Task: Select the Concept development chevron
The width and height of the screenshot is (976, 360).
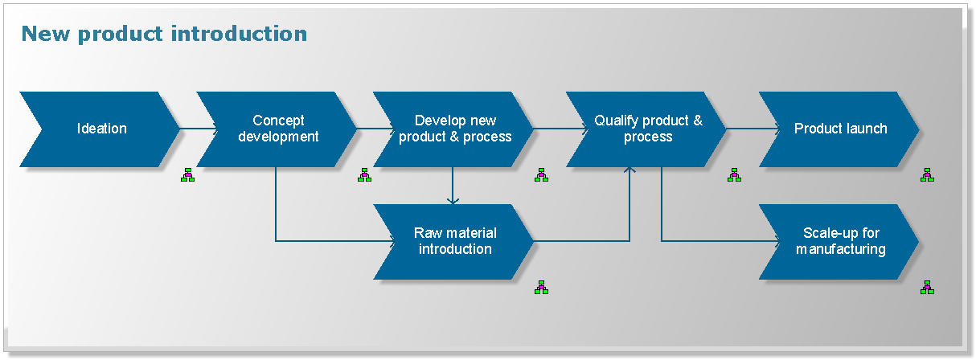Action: (277, 129)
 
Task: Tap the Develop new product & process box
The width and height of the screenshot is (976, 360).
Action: (454, 129)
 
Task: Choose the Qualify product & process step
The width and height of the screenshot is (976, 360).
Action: (647, 129)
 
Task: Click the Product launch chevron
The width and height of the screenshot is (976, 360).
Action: (840, 129)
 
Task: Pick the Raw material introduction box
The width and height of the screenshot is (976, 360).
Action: (454, 241)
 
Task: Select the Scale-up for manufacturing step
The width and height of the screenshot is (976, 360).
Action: (840, 241)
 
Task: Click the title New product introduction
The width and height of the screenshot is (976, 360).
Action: (164, 34)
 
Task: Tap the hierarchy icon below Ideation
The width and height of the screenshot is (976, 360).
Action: (187, 174)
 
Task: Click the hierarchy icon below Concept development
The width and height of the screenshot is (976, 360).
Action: (364, 174)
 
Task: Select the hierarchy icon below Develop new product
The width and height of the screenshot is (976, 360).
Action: (541, 174)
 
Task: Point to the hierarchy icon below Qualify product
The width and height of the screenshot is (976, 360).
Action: (734, 174)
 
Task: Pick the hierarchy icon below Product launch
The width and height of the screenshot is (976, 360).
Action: (927, 174)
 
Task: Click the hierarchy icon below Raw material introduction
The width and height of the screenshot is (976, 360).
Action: (541, 287)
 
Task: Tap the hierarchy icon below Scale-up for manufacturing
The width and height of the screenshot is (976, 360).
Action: (927, 287)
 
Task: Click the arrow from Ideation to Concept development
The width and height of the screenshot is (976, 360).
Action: (197, 129)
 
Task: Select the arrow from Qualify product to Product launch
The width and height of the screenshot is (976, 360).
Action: (752, 129)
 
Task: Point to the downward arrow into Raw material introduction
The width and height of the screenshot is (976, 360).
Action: (453, 189)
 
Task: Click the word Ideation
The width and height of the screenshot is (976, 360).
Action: (102, 129)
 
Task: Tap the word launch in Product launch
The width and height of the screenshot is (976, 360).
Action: (868, 129)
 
